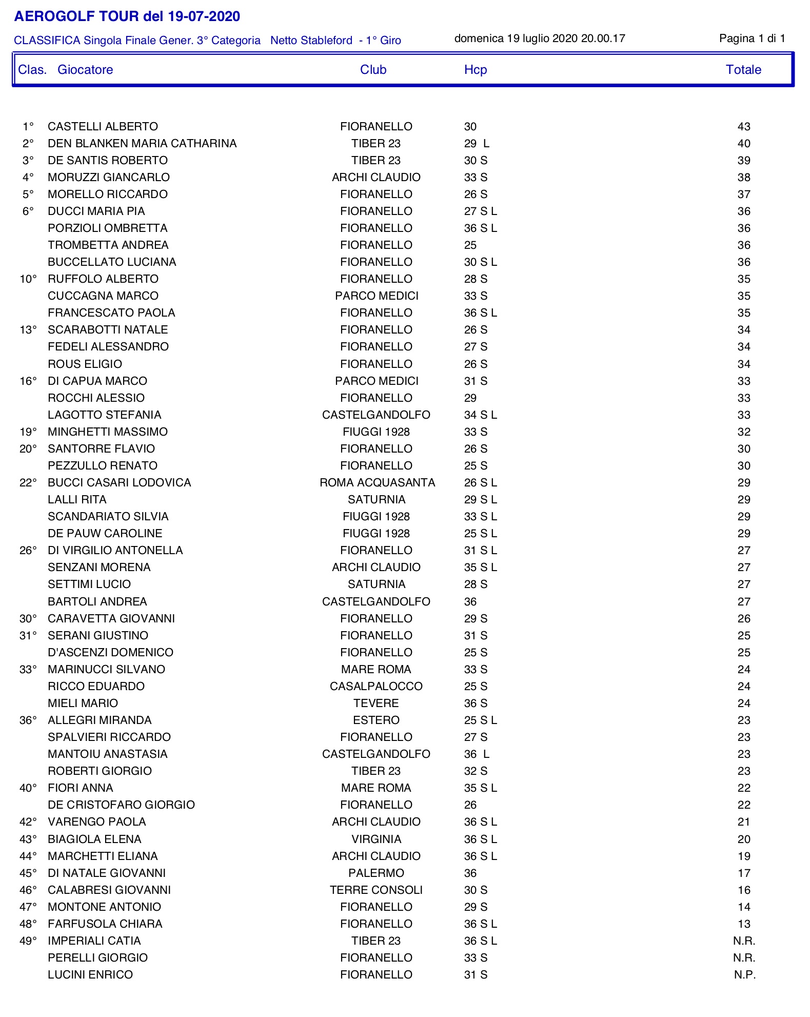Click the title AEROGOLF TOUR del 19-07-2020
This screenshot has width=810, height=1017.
coord(127,16)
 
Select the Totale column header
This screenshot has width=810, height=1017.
coord(743,70)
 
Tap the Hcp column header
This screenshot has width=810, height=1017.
coord(475,70)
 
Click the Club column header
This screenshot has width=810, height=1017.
coord(373,70)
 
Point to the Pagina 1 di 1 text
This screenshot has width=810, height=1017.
coord(752,38)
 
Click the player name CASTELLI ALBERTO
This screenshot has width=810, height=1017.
coord(103,127)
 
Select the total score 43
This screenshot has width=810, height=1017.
coord(743,127)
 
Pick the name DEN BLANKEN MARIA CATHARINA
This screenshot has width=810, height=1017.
coord(142,144)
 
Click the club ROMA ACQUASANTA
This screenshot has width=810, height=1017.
coord(377,483)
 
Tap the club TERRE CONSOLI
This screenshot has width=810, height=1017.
coord(376,890)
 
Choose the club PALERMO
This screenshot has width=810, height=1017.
coord(376,873)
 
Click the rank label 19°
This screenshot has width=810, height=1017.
coord(28,432)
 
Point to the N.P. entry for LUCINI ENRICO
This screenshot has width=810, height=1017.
coord(744,975)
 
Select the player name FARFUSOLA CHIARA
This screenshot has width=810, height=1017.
coord(105,924)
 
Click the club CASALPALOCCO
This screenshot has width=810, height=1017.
coord(376,687)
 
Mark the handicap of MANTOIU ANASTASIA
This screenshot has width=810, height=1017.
coord(477,754)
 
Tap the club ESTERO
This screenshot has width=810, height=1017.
coord(376,720)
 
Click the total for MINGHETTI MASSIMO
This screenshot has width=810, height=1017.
coord(743,432)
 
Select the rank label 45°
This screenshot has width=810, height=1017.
coord(28,873)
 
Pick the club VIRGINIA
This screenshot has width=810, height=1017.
coord(376,839)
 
